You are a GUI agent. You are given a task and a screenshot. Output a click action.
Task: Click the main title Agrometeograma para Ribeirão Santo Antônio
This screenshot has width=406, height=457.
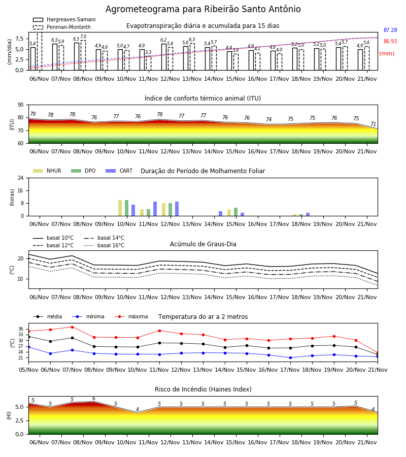click(203, 9)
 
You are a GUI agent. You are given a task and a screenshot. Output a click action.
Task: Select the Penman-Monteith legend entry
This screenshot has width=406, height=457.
click(62, 27)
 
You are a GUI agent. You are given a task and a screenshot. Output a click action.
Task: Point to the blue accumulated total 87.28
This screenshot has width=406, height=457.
click(390, 30)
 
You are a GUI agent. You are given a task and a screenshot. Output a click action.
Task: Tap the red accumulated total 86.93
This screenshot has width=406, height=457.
click(390, 41)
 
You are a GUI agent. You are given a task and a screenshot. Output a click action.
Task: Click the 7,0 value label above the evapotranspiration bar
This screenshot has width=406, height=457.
click(83, 37)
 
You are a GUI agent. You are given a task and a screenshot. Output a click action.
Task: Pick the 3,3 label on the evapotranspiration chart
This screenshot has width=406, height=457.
click(148, 52)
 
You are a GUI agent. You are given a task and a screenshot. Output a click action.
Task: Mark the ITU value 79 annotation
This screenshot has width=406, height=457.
click(33, 114)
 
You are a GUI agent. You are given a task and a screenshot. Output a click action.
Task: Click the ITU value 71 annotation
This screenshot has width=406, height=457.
click(373, 124)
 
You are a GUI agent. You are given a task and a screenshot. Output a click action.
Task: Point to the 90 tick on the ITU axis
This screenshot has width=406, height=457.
click(21, 105)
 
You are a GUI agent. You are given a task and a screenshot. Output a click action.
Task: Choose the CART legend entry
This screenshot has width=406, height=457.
click(119, 171)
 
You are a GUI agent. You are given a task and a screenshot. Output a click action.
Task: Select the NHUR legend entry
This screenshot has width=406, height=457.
click(47, 171)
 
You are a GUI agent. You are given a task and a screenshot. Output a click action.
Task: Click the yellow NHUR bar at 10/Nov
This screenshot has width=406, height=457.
click(120, 208)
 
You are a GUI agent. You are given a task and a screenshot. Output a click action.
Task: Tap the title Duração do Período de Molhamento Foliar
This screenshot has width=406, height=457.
click(202, 171)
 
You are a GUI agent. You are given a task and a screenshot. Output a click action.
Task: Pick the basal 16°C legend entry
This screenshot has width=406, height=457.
click(104, 245)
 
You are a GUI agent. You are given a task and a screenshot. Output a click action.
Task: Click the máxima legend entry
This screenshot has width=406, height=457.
click(131, 316)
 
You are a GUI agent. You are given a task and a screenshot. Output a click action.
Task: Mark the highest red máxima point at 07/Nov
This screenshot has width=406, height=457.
click(72, 327)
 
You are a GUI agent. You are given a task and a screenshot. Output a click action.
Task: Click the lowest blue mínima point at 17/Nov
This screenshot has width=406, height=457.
click(290, 357)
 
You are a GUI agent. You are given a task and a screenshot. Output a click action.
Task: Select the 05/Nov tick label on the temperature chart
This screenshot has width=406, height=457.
click(28, 370)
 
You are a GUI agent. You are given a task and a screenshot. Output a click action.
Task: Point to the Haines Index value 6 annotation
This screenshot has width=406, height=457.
click(94, 399)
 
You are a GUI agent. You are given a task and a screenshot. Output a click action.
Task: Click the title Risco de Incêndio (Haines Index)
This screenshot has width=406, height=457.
click(203, 389)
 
